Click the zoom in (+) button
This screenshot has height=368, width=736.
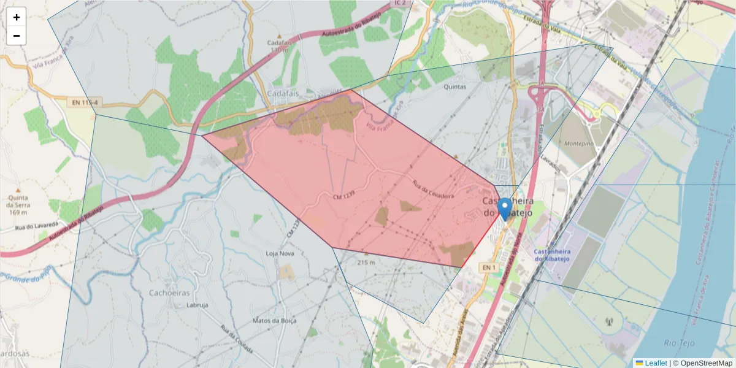(x=17, y=17)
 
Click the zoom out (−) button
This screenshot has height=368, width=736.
(x=17, y=36)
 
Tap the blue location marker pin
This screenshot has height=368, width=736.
(x=505, y=209)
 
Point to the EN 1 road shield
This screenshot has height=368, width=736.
(x=488, y=268)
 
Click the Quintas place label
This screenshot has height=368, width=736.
(x=454, y=87)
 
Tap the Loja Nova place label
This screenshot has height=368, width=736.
(x=281, y=253)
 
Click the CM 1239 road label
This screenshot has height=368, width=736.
(x=345, y=197)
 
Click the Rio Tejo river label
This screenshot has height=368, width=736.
(x=679, y=342)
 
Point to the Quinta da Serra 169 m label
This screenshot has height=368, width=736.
(x=18, y=205)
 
